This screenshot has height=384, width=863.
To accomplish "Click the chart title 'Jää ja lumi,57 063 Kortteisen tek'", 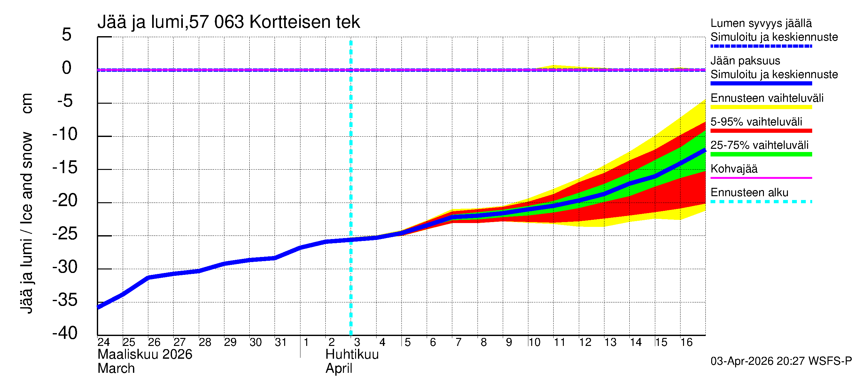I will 229,22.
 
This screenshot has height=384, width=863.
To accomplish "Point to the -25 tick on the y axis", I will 65,234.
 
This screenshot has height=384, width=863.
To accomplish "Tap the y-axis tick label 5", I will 67,35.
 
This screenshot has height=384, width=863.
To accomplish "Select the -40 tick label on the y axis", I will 65,333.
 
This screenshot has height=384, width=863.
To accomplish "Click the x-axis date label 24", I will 104,342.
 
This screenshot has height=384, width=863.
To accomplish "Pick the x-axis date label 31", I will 281,342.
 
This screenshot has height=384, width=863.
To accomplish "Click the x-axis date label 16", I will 686,342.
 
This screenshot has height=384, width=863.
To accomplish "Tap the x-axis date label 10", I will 534,342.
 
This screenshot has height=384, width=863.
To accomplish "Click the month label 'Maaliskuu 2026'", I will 145,355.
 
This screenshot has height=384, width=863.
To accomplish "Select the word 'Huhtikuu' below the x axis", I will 352,355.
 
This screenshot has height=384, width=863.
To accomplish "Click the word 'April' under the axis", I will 339,369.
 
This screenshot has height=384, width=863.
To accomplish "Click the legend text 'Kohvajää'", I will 734,169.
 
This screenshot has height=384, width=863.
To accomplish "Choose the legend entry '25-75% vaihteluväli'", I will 759,145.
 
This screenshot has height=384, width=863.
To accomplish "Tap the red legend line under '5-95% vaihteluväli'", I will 761,131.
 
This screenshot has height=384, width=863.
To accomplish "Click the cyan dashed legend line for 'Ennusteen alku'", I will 761,202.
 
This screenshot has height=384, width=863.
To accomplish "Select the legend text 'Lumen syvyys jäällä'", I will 761,23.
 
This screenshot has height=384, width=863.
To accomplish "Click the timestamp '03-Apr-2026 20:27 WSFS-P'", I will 781,361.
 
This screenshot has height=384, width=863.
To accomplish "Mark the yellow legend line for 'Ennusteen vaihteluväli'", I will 761,107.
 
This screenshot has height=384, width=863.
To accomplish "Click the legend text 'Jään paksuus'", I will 745,61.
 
